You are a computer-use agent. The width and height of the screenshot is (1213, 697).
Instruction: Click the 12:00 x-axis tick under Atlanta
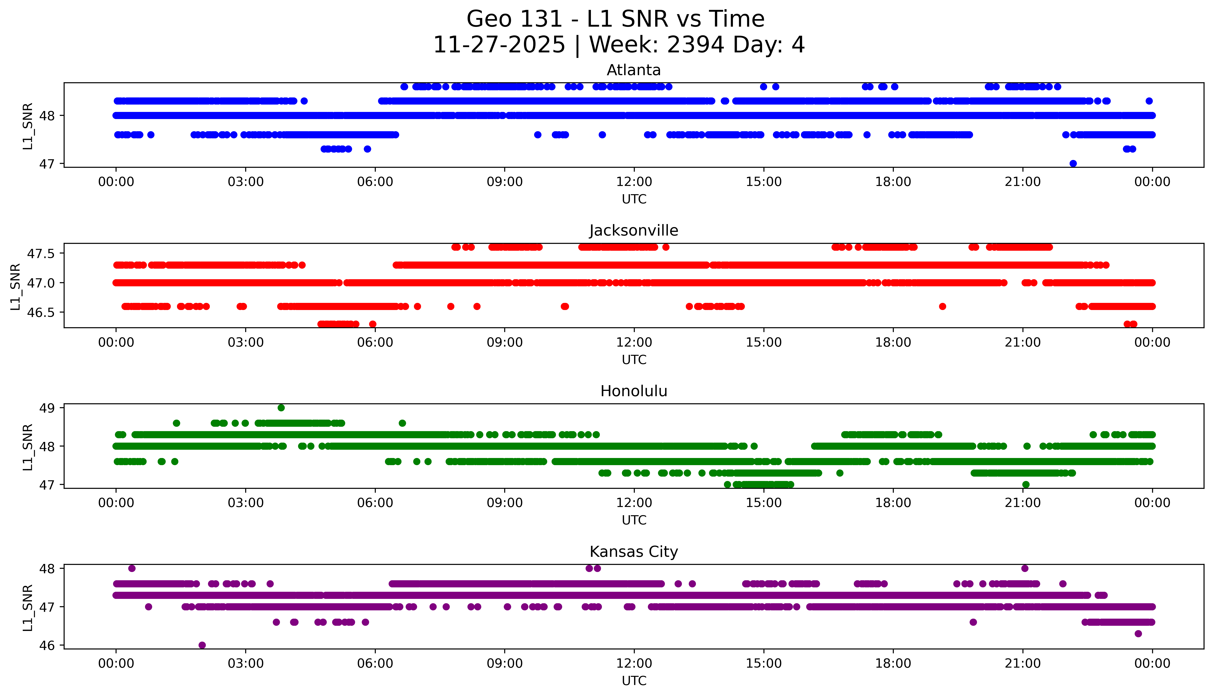pyautogui.click(x=634, y=182)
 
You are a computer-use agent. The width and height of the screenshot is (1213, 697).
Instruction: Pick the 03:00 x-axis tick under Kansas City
pyautogui.click(x=246, y=663)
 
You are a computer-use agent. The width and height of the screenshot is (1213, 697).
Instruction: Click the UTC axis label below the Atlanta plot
pyautogui.click(x=634, y=199)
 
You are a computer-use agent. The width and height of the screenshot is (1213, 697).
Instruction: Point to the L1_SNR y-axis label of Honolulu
pyautogui.click(x=28, y=447)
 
